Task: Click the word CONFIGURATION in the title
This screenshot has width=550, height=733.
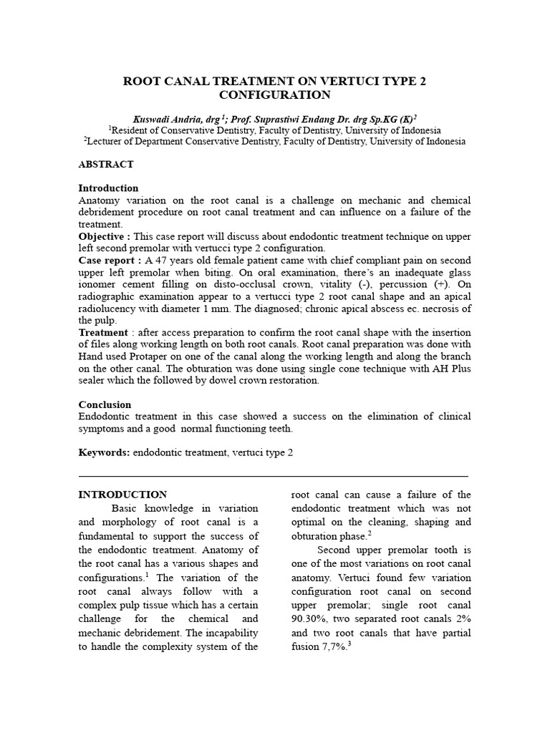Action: (275, 95)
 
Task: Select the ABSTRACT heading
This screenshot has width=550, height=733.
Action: (106, 165)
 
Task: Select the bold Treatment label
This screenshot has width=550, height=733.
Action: (103, 333)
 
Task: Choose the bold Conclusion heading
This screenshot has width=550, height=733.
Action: (105, 404)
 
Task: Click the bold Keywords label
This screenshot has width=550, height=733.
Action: (103, 453)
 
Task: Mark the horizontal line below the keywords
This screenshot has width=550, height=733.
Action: (273, 475)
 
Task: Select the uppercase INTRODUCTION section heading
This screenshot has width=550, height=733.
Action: (122, 495)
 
